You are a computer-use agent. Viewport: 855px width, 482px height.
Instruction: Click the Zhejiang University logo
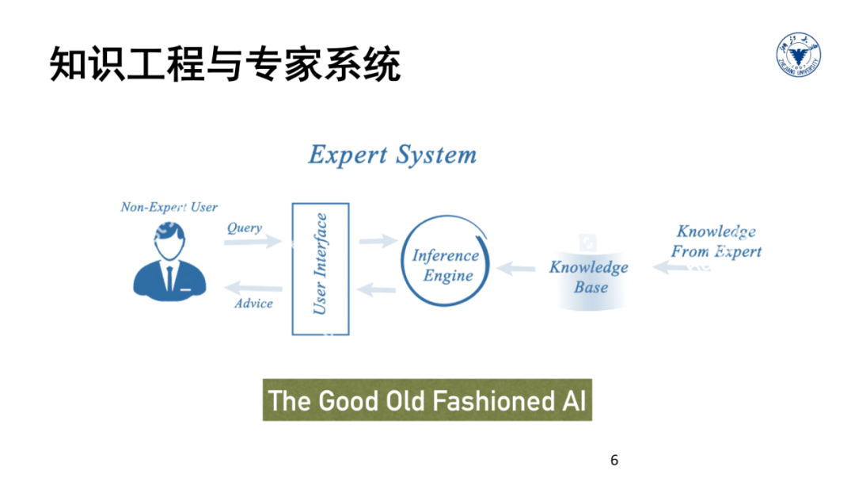798,57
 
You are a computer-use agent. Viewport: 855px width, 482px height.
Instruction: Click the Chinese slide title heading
225,64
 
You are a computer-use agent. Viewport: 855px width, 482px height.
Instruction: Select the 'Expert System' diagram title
392,155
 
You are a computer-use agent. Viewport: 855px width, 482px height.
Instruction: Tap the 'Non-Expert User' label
169,208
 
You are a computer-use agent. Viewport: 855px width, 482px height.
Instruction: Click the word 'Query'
244,228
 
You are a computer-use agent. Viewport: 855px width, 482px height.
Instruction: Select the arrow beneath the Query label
252,241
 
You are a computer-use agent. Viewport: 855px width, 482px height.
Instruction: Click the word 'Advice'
253,304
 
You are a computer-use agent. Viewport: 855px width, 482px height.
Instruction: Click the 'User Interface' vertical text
320,265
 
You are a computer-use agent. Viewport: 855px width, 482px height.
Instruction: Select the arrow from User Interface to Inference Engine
377,240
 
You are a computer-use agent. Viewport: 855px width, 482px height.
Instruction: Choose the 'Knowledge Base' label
589,277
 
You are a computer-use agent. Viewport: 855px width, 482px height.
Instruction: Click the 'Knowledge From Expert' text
716,242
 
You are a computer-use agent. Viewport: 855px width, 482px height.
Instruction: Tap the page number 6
614,460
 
